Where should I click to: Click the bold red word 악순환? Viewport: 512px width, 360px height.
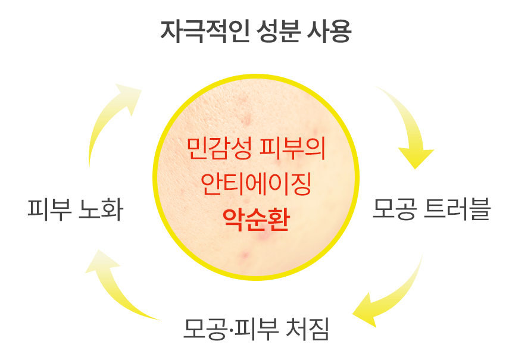click(x=256, y=221)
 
